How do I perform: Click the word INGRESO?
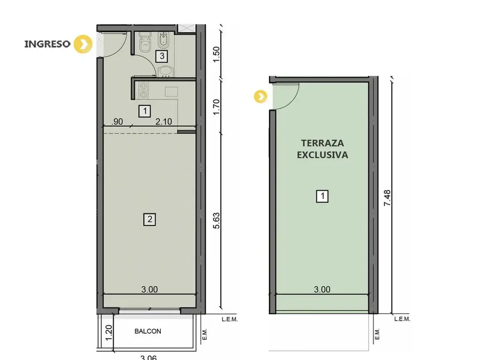pyautogui.click(x=47, y=44)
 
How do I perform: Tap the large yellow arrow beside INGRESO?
pyautogui.click(x=83, y=45)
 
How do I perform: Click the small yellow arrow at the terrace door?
pyautogui.click(x=261, y=97)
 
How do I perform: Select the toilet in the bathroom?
pyautogui.click(x=145, y=43)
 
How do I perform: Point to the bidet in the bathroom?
pyautogui.click(x=163, y=41)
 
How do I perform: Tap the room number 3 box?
pyautogui.click(x=162, y=56)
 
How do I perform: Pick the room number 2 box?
pyautogui.click(x=150, y=219)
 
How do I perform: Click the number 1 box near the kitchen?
pyautogui.click(x=145, y=111)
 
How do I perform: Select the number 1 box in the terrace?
pyautogui.click(x=322, y=196)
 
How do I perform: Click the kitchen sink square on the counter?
pyautogui.click(x=172, y=91)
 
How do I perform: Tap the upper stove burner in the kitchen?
pyautogui.click(x=143, y=85)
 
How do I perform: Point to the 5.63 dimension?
pyautogui.click(x=217, y=221)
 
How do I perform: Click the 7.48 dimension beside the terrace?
pyautogui.click(x=387, y=198)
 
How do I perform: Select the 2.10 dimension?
pyautogui.click(x=164, y=121)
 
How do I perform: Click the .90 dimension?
pyautogui.click(x=117, y=121)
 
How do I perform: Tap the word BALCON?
pyautogui.click(x=148, y=331)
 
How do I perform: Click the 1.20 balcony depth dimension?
pyautogui.click(x=109, y=333)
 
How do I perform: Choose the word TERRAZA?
pyautogui.click(x=322, y=143)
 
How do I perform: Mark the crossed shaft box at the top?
pyautogui.click(x=187, y=28)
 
